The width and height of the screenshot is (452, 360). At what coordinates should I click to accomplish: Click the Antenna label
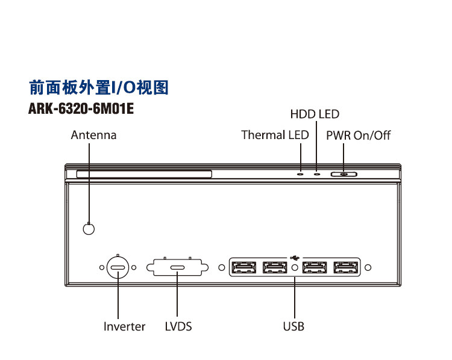93,135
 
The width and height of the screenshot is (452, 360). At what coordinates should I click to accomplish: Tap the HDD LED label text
315,114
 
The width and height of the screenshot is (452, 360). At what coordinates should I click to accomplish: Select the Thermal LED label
275,135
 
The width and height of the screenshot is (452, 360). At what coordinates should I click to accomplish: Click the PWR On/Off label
359,135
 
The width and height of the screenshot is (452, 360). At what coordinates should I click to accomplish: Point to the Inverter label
124,327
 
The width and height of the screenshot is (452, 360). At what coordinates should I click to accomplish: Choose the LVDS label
178,327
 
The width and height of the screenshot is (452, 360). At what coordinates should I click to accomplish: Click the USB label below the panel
293,327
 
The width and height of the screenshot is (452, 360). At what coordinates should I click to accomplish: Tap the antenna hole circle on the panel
89,229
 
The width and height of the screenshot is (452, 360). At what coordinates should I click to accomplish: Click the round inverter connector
118,267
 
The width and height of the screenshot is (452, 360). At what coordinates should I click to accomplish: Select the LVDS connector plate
177,267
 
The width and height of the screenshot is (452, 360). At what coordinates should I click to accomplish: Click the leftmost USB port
244,267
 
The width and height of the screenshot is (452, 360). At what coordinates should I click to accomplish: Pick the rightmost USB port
346,267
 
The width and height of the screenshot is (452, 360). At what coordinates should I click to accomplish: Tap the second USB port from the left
275,267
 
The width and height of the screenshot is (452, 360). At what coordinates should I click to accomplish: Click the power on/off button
344,174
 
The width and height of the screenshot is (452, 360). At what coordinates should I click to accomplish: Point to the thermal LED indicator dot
300,174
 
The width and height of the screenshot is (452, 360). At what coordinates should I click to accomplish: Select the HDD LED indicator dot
317,174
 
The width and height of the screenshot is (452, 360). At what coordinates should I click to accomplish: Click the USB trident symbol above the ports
295,257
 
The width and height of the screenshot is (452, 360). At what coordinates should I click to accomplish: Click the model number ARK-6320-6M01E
81,109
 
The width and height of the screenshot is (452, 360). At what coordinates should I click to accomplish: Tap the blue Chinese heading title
99,87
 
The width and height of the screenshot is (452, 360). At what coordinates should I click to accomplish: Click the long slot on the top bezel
144,174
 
